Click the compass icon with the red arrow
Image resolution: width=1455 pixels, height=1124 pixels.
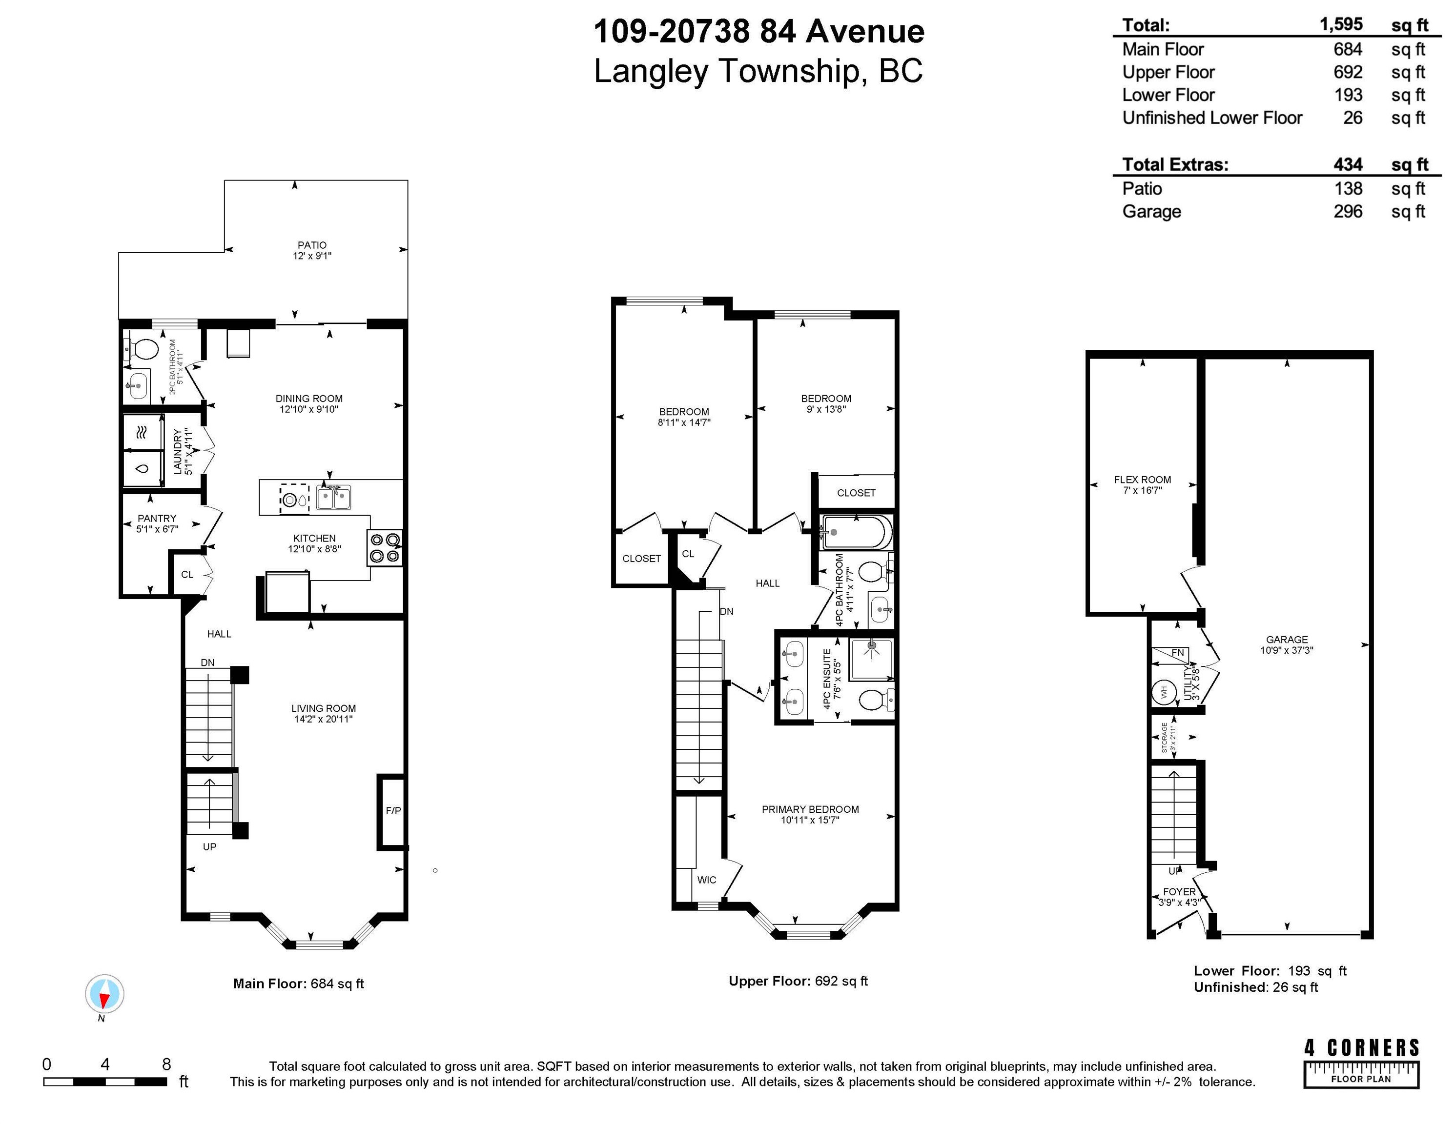(x=104, y=994)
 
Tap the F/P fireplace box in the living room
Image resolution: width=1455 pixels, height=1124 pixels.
(x=392, y=812)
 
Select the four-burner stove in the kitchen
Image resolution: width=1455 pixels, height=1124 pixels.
(x=385, y=548)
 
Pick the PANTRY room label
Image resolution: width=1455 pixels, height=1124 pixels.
(x=157, y=518)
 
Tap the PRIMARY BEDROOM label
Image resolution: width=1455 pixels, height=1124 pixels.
(x=810, y=809)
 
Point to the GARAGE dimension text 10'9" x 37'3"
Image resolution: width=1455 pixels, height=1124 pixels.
(x=1287, y=650)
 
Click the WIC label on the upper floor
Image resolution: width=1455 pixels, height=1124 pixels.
(x=707, y=880)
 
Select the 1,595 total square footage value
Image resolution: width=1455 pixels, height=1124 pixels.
(x=1341, y=25)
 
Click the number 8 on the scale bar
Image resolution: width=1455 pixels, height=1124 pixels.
(x=166, y=1064)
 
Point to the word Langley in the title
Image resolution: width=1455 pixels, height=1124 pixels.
(x=651, y=71)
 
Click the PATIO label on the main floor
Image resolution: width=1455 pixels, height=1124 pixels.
(x=312, y=245)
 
